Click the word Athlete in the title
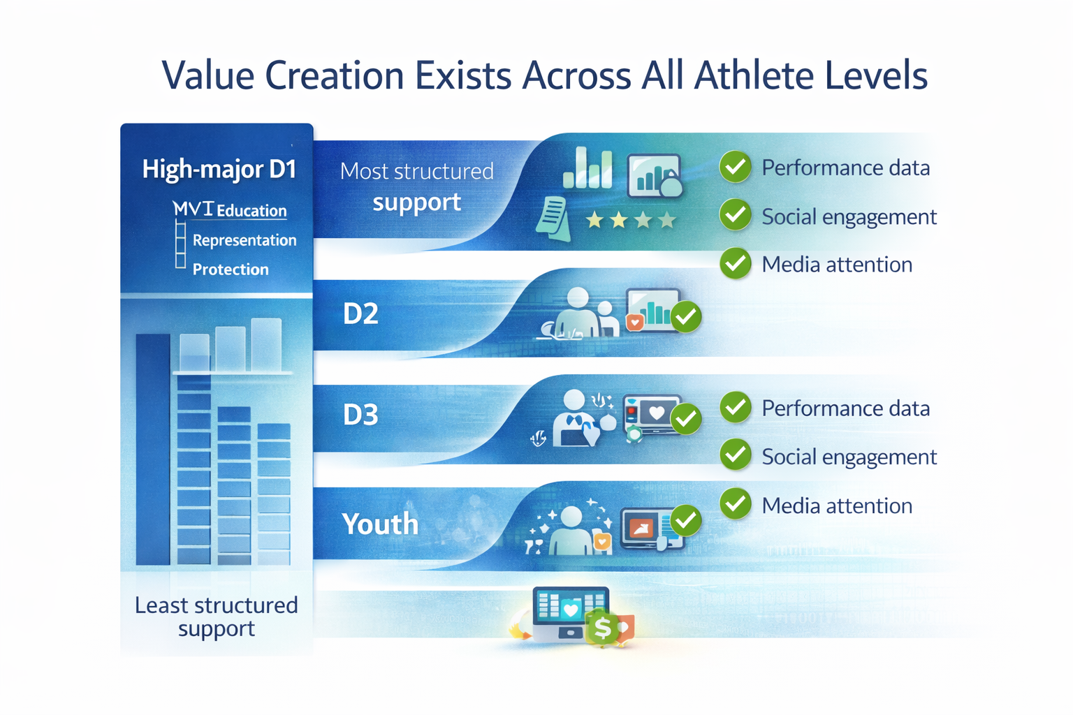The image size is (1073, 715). [754, 75]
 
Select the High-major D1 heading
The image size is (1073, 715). [219, 170]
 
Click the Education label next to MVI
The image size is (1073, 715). [251, 211]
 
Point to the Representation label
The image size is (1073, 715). [244, 240]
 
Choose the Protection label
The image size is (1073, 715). [231, 270]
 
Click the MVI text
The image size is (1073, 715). [193, 209]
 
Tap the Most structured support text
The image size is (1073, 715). [416, 187]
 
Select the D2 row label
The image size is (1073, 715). [360, 314]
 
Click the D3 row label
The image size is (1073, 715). [360, 415]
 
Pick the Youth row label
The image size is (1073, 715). [380, 524]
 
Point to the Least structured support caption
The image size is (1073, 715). [216, 617]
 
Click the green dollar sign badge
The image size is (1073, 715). [601, 628]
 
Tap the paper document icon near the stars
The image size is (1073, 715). [553, 218]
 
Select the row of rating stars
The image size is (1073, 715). [631, 221]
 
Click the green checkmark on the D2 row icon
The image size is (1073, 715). [686, 317]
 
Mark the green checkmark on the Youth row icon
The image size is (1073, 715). [686, 520]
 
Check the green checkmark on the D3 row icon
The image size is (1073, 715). [686, 419]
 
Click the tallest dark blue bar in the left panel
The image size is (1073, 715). [153, 449]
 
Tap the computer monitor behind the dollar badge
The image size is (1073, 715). [569, 612]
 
